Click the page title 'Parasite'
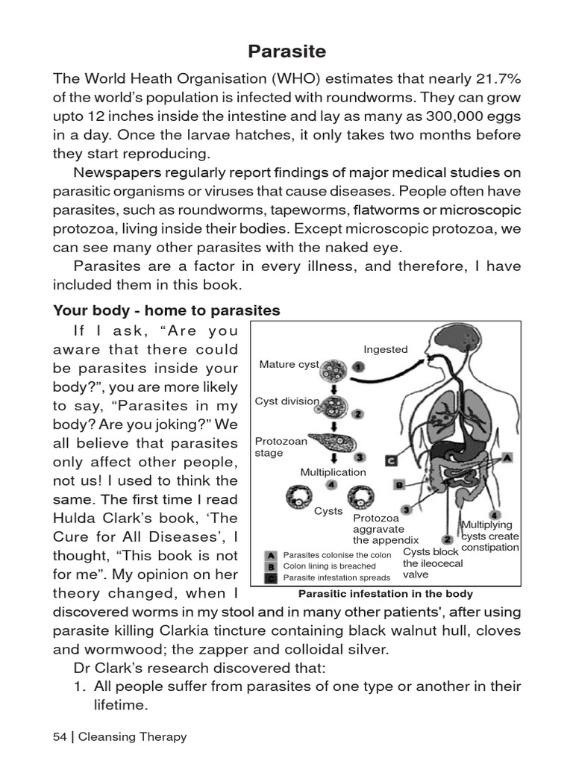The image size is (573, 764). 286,51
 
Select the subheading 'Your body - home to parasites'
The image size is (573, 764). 166,311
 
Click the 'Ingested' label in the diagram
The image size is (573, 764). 385,349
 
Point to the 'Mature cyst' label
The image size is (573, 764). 289,364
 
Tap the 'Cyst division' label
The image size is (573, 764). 287,401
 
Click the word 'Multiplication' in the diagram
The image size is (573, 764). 333,472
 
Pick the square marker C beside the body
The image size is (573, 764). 391,461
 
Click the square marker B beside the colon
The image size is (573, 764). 399,485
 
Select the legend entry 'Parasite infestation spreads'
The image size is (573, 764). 336,577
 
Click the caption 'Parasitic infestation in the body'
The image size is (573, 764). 385,594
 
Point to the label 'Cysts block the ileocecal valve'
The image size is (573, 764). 431,563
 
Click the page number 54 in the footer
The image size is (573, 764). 60,737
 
